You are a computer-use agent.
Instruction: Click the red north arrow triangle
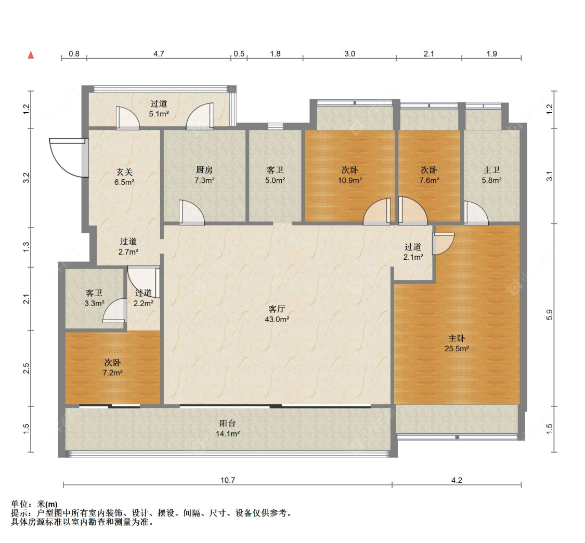point(31,55)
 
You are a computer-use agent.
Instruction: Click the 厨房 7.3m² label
point(204,175)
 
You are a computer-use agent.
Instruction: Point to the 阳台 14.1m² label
point(228,428)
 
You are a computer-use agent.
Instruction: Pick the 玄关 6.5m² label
point(125,177)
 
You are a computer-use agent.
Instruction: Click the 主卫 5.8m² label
point(491,175)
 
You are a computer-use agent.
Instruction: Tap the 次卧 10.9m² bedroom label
point(350,175)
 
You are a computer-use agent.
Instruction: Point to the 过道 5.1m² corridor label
point(159,109)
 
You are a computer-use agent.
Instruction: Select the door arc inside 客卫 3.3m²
point(114,312)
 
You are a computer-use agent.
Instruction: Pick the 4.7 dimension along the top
point(159,54)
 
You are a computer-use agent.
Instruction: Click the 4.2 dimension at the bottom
point(457,481)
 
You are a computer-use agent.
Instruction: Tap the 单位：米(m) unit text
point(34,504)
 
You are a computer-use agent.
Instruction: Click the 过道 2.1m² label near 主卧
point(413,251)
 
